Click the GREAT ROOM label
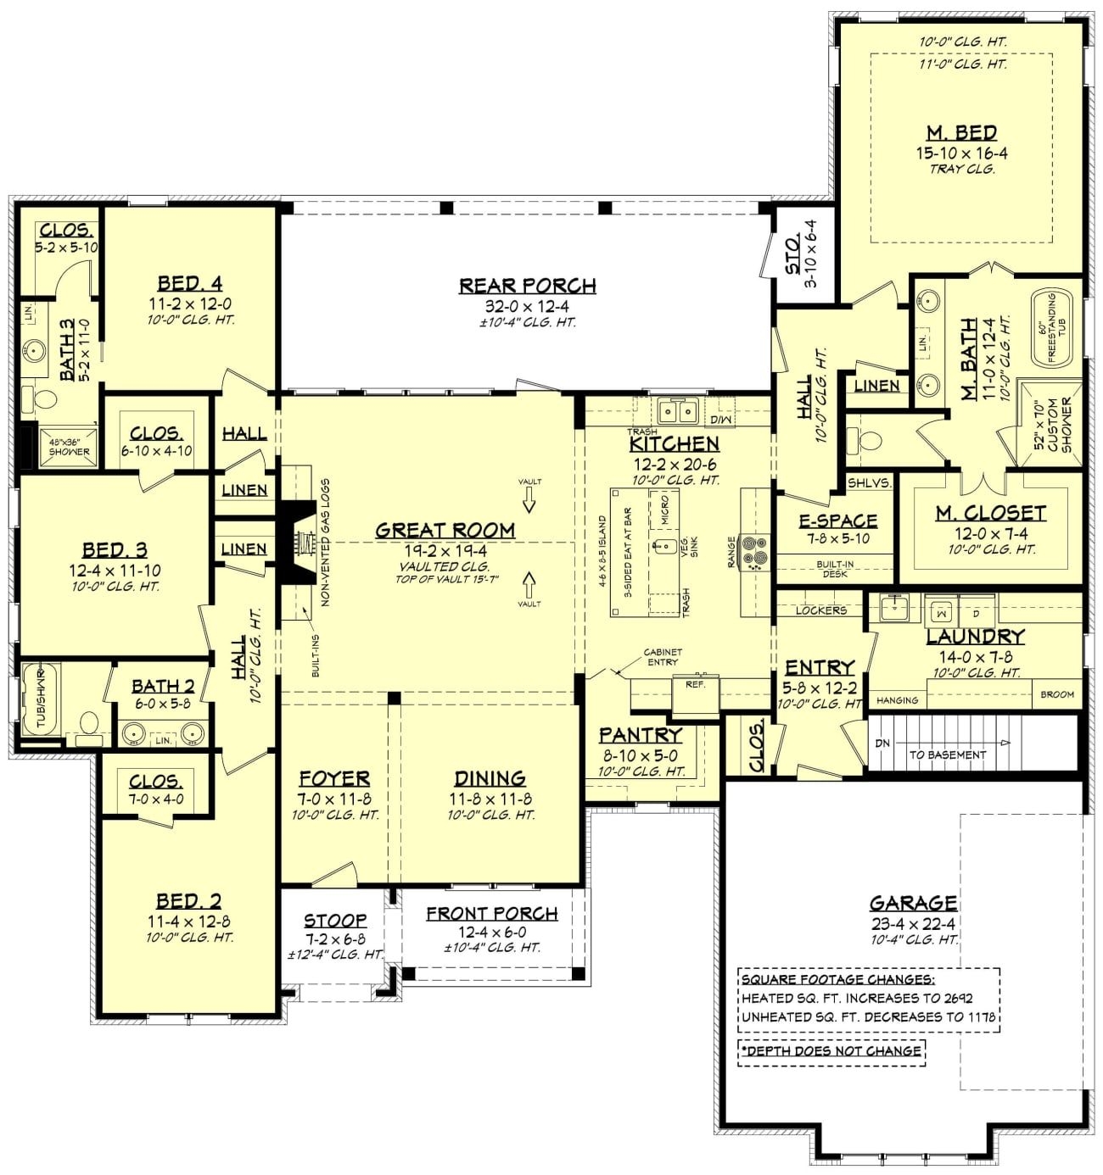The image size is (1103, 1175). click(x=445, y=531)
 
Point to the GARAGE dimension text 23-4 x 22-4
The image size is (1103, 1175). click(x=913, y=924)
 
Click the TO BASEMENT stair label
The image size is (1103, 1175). click(x=948, y=755)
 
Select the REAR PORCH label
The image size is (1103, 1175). click(x=527, y=286)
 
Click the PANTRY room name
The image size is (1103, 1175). click(x=640, y=735)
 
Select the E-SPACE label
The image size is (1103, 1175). click(x=837, y=521)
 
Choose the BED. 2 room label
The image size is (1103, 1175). click(x=188, y=901)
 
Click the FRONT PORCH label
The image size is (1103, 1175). click(x=491, y=913)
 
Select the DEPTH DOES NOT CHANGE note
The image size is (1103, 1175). click(x=831, y=1050)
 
